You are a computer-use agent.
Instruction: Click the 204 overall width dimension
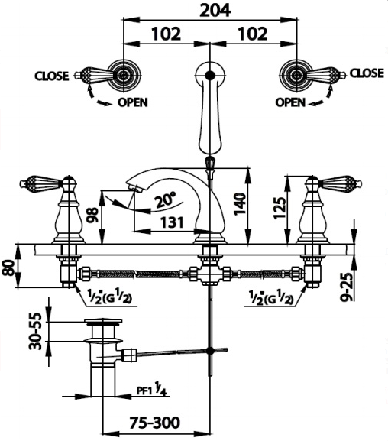[x=215, y=11]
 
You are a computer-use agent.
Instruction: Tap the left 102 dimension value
[x=167, y=34]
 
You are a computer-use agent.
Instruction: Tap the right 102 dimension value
[x=253, y=34]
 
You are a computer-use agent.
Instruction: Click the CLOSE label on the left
[x=51, y=76]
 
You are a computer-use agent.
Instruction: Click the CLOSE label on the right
[x=367, y=73]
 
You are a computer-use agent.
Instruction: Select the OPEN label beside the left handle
[x=132, y=102]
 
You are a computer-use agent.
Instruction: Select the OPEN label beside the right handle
[x=290, y=102]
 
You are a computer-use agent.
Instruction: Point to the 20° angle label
[x=165, y=199]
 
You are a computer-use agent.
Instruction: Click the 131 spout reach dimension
[x=172, y=222]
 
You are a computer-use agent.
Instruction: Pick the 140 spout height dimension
[x=240, y=203]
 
